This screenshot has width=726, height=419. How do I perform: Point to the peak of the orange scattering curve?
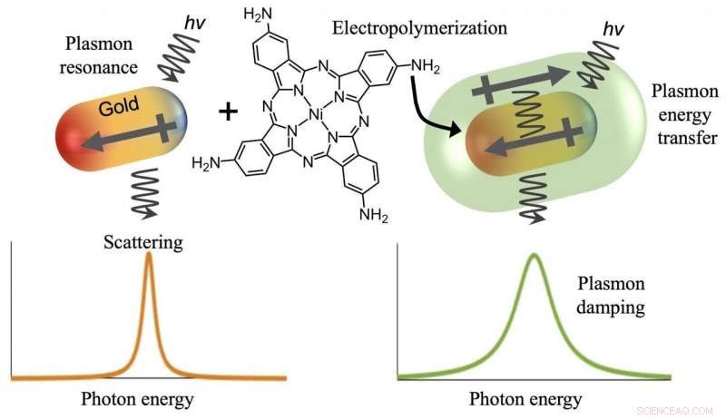(149, 255)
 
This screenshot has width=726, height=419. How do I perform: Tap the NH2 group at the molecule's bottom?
(374, 215)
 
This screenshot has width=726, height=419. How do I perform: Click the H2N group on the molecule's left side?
(206, 162)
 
